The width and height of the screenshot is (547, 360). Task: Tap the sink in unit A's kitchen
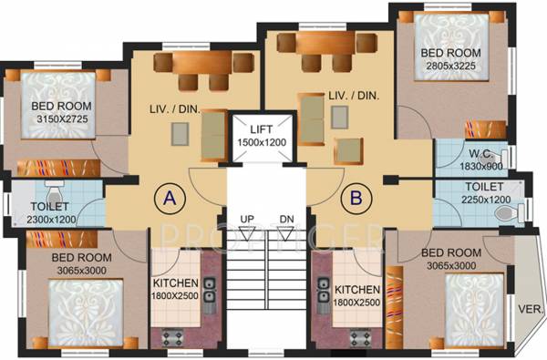tap(209, 290)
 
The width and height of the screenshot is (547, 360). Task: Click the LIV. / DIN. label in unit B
tap(354, 95)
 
